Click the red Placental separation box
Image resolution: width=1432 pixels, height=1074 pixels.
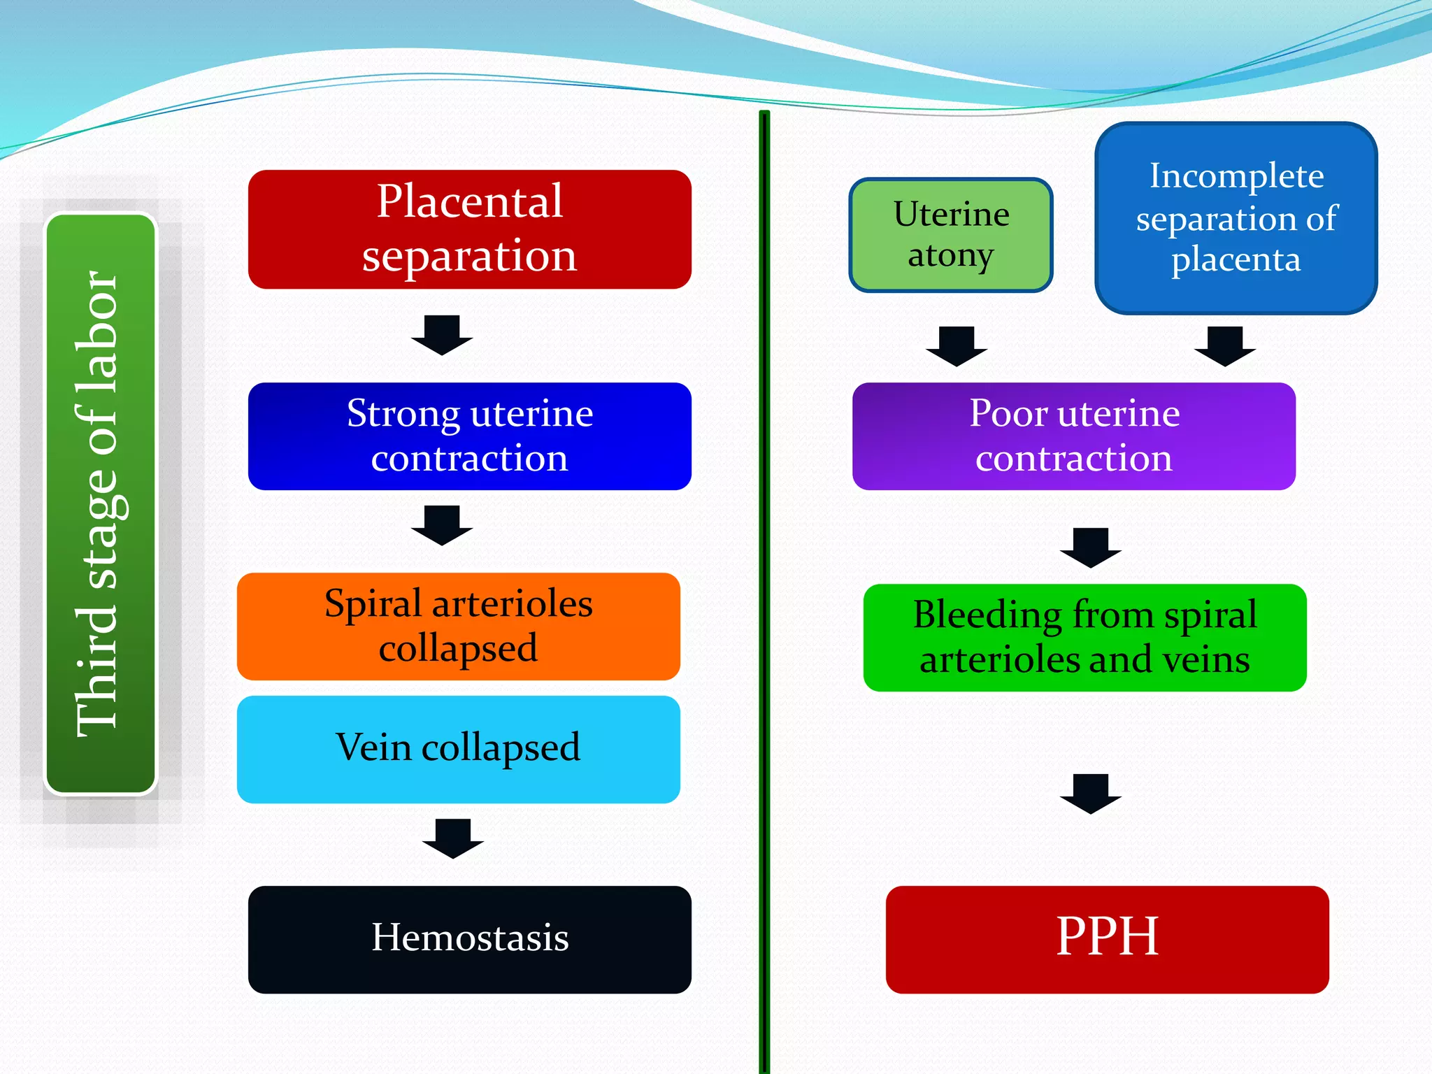click(x=470, y=229)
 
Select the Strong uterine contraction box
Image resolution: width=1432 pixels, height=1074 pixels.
click(x=470, y=436)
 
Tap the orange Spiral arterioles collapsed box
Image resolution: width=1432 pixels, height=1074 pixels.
click(x=459, y=626)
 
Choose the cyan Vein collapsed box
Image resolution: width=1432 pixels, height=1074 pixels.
click(x=459, y=750)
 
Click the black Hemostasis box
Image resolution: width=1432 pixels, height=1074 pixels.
click(x=470, y=940)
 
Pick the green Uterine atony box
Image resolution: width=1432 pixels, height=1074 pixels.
click(x=951, y=235)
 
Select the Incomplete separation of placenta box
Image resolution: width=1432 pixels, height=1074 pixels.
click(x=1236, y=218)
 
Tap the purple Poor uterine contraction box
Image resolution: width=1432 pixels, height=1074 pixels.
click(x=1074, y=436)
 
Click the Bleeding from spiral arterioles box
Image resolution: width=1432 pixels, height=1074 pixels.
click(x=1085, y=638)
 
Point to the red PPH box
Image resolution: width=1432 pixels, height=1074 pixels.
click(x=1108, y=940)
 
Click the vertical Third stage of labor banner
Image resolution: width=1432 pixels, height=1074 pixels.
click(x=101, y=503)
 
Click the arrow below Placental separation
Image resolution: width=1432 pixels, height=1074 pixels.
click(x=442, y=336)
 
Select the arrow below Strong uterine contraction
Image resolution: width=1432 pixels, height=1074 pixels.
click(x=442, y=526)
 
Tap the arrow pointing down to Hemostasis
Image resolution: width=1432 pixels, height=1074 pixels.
click(x=453, y=839)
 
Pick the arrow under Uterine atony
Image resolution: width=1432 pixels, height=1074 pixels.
click(x=957, y=347)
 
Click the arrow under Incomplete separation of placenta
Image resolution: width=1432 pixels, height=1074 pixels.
click(x=1225, y=347)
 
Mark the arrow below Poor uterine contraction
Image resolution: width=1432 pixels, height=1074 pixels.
click(x=1091, y=548)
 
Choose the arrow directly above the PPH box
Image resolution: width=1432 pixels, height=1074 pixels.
click(x=1091, y=794)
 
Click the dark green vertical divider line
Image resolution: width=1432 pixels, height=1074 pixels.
click(x=764, y=592)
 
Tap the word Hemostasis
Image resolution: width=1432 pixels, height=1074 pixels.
click(x=470, y=937)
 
